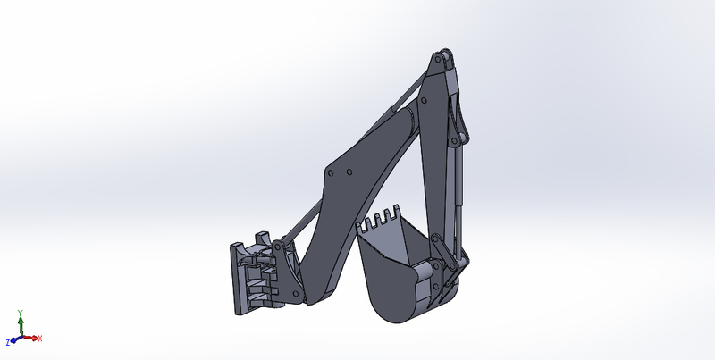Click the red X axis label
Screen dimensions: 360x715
click(x=40, y=339)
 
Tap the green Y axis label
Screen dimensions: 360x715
click(x=21, y=314)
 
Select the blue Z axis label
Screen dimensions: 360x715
click(x=8, y=342)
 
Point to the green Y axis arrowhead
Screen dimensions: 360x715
click(x=21, y=321)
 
